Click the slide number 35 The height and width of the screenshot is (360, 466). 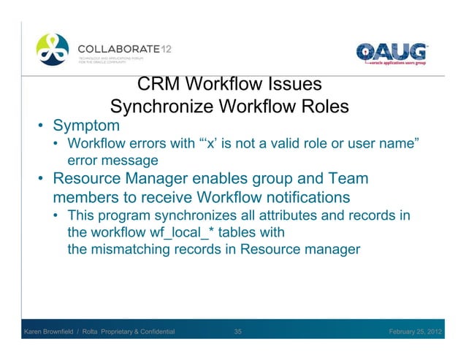tap(238, 333)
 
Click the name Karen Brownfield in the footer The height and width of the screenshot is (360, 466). tap(53, 333)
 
